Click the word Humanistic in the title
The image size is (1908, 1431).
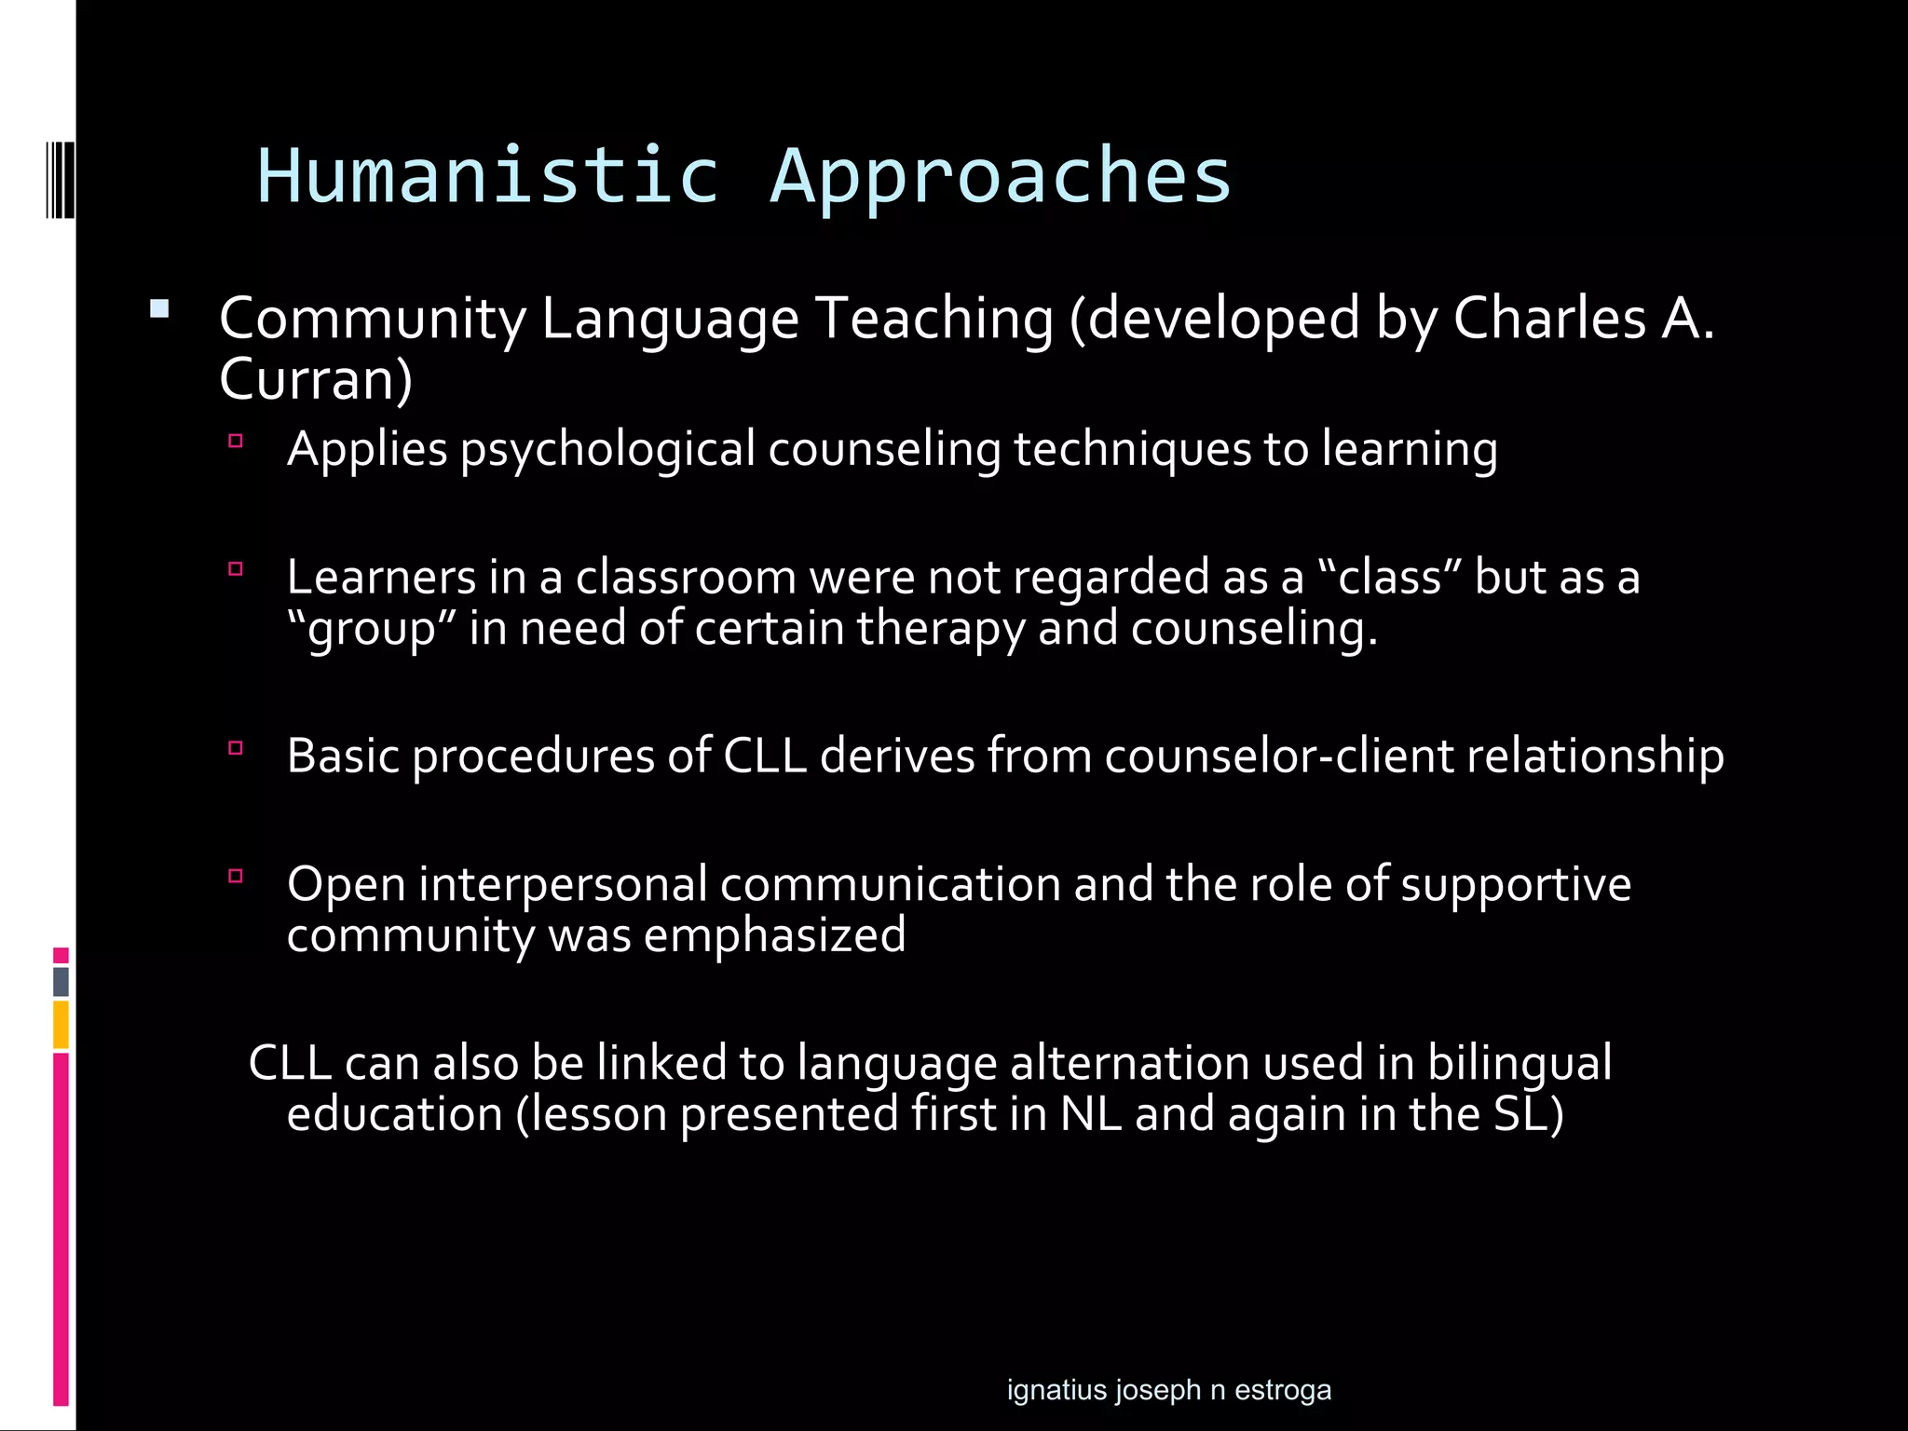(x=488, y=175)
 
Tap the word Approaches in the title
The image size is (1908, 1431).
(x=1001, y=177)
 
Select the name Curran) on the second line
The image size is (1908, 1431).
(x=316, y=379)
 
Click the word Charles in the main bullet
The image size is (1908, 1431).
(x=1549, y=319)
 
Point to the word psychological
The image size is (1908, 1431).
(x=606, y=450)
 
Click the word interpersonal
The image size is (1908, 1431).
(x=563, y=884)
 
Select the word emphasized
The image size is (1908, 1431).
(x=774, y=935)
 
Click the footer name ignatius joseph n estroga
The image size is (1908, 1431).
(x=1168, y=1390)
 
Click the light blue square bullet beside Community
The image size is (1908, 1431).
(x=159, y=309)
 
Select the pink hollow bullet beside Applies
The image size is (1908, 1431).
(x=236, y=441)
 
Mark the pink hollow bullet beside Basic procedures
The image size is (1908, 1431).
(x=236, y=747)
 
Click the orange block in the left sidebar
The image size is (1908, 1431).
(x=61, y=1024)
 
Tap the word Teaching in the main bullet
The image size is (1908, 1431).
(x=934, y=319)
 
